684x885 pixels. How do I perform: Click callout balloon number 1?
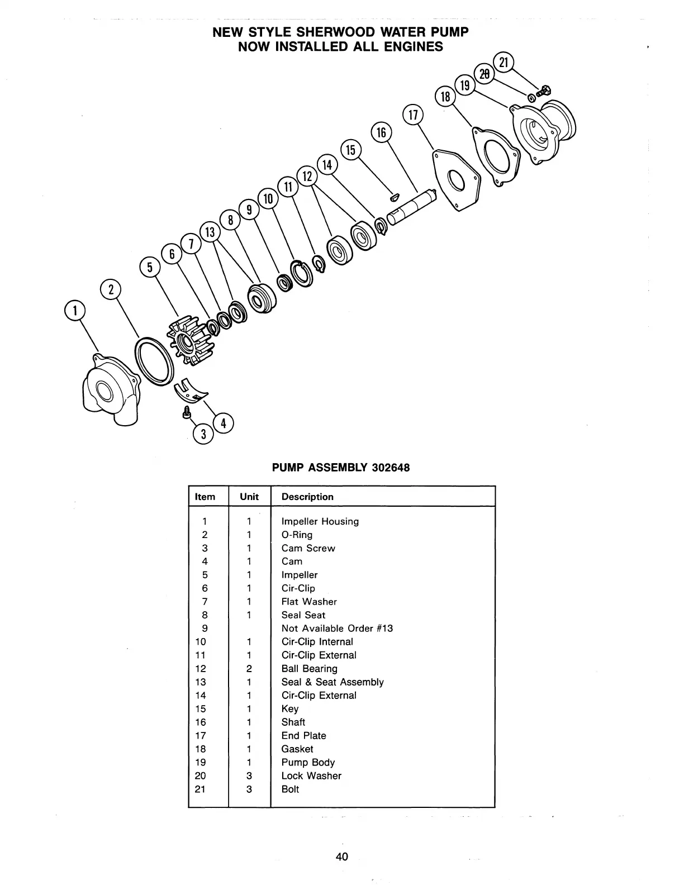(75, 310)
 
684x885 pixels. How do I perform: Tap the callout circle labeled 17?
(413, 116)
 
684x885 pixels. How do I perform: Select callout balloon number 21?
(503, 62)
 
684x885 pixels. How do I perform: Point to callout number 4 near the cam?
(223, 423)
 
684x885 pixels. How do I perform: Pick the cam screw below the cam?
(187, 412)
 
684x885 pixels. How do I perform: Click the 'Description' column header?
(307, 497)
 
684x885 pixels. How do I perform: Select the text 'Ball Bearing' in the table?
(310, 668)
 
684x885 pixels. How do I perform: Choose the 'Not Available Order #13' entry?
(337, 628)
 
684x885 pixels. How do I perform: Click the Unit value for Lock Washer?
(249, 775)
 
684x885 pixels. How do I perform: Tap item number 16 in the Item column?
(201, 722)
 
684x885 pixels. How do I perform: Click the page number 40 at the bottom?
(342, 856)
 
